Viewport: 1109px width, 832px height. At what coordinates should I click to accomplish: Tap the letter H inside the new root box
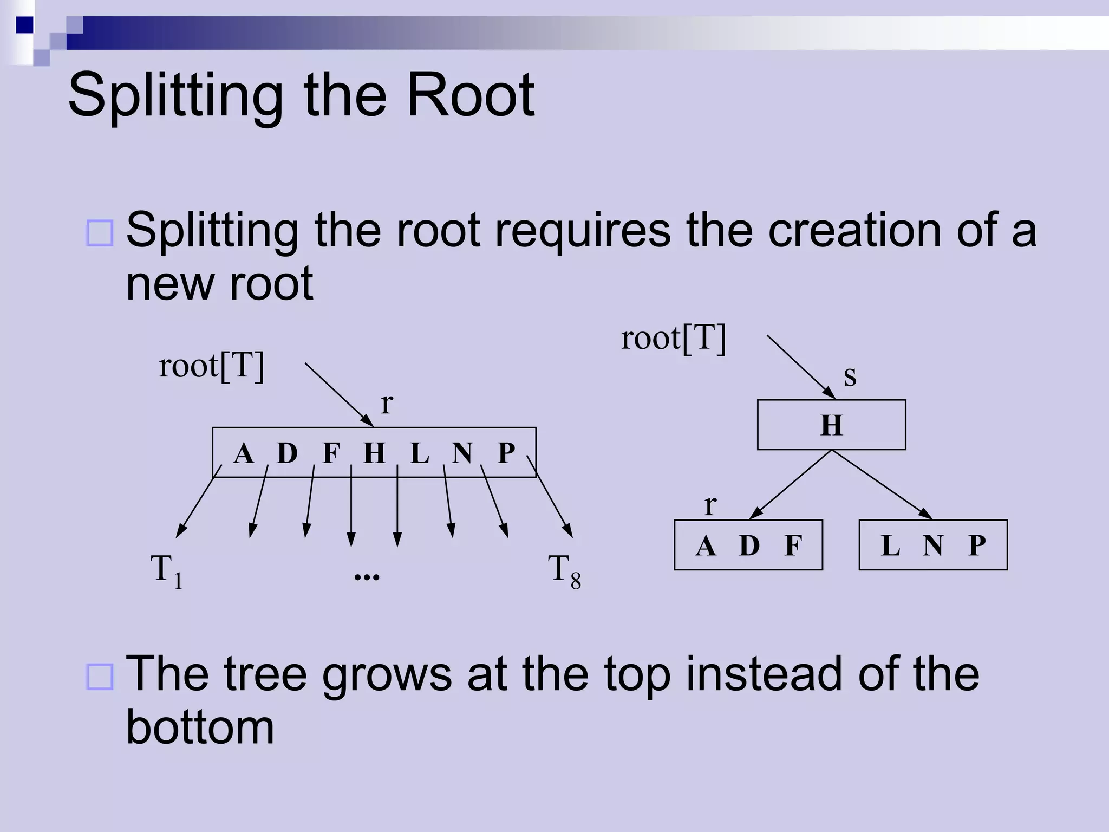832,425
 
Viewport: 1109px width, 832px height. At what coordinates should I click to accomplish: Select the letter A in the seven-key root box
244,453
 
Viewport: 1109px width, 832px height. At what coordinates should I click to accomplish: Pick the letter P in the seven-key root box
506,453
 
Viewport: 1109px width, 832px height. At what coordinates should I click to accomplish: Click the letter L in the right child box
890,545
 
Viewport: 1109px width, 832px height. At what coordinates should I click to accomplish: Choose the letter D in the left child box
749,545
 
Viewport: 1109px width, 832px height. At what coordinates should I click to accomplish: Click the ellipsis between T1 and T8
367,576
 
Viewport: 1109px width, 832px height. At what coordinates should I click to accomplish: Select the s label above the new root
850,376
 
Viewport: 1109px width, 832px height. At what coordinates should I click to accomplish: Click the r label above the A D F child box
710,505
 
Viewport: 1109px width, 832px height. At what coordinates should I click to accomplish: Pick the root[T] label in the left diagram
211,366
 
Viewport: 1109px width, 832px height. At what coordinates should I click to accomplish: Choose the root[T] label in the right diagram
673,339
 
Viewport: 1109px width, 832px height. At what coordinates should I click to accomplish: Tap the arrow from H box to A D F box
791,484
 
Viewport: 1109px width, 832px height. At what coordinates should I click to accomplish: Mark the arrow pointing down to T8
550,496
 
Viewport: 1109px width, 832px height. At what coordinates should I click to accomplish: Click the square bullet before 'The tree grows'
100,676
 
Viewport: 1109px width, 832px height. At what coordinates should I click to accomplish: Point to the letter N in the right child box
933,545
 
